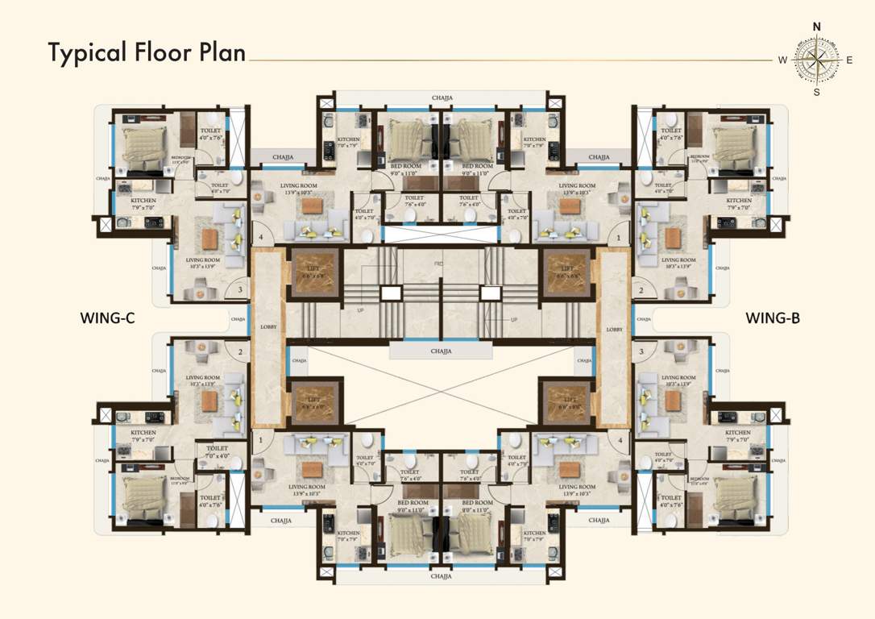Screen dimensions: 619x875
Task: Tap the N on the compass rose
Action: [x=816, y=27]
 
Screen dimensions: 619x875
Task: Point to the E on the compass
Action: [x=849, y=60]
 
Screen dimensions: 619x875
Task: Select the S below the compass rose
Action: [x=816, y=92]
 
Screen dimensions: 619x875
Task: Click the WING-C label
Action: [x=107, y=318]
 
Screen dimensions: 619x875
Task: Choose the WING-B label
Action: [x=772, y=318]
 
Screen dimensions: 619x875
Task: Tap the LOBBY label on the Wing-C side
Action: [x=267, y=329]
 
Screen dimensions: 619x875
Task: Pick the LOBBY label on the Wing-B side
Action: [x=615, y=329]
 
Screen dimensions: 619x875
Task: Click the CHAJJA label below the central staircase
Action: [x=441, y=351]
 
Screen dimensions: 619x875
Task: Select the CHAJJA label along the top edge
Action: [x=442, y=98]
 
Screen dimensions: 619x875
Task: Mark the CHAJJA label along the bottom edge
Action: [x=442, y=577]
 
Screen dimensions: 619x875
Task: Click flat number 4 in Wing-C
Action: [x=260, y=239]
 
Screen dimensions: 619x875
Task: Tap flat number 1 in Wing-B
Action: [x=619, y=239]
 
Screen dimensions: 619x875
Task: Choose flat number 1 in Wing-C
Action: [x=260, y=440]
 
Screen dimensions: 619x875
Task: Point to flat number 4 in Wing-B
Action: [x=619, y=440]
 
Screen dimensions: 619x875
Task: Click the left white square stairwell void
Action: [x=391, y=293]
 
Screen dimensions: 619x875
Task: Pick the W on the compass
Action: [x=782, y=60]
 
